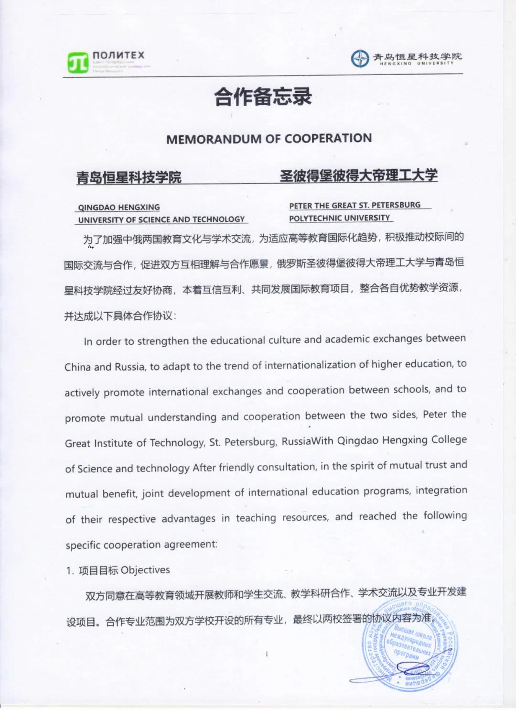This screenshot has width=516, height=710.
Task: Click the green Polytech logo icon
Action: pos(78,63)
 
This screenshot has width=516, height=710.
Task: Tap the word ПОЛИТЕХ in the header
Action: pos(118,55)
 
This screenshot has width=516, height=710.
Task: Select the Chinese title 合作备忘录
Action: pos(263,97)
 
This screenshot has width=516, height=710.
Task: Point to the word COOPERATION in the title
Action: pos(328,138)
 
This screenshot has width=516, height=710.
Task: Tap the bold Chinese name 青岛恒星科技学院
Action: pos(129,177)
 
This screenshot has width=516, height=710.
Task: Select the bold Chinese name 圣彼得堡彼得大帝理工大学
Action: pos(358,175)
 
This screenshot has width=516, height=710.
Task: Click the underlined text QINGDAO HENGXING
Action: pos(119,208)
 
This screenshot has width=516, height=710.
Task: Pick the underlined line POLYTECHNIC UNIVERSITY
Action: pos(340,218)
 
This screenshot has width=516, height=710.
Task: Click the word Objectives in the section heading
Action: pos(145,570)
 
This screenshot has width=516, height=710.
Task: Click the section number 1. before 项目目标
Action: pos(70,570)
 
